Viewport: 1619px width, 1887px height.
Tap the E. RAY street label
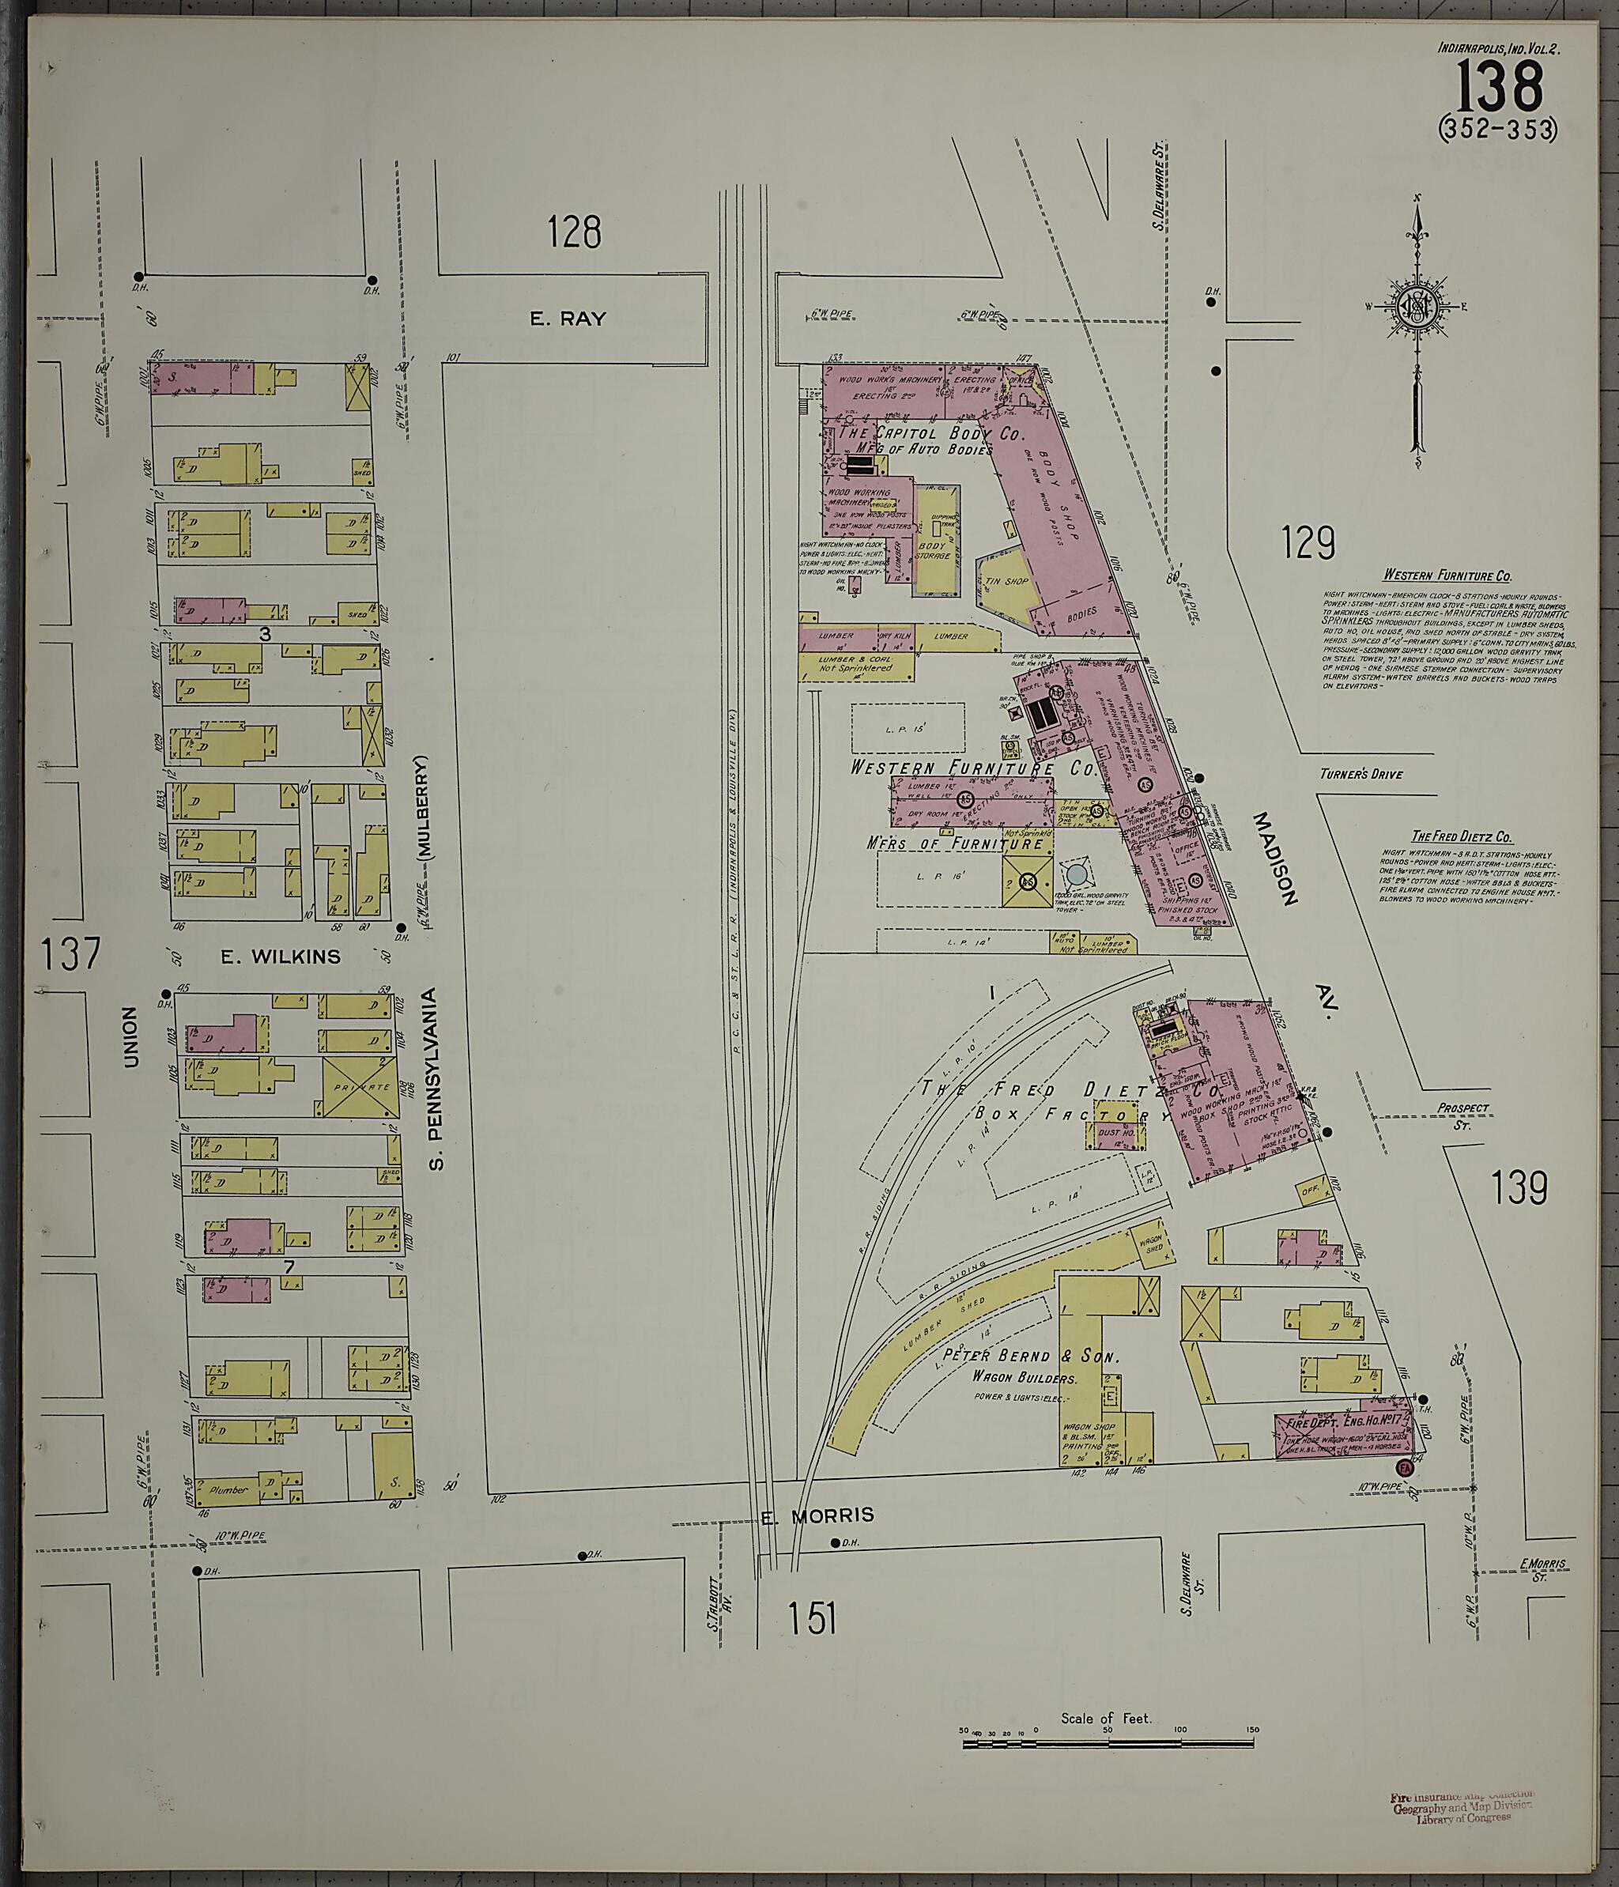[568, 318]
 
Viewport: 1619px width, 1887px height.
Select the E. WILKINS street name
[281, 957]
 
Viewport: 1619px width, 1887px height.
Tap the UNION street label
[130, 1036]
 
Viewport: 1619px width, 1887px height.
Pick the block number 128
[575, 232]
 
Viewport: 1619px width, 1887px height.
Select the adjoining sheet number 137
[70, 954]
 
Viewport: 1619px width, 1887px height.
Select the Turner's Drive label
[1361, 774]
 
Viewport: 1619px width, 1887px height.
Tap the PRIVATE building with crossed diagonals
[360, 1086]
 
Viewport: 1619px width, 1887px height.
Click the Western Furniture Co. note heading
[1447, 576]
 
